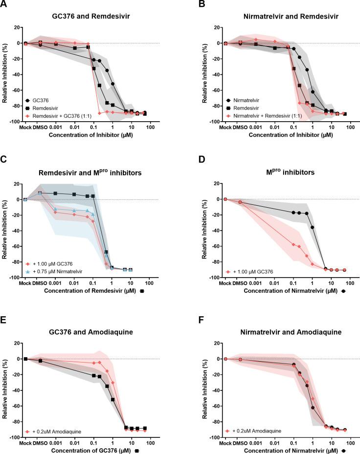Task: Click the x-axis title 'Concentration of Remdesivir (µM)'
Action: [90, 291]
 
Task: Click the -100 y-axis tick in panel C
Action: [14, 278]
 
